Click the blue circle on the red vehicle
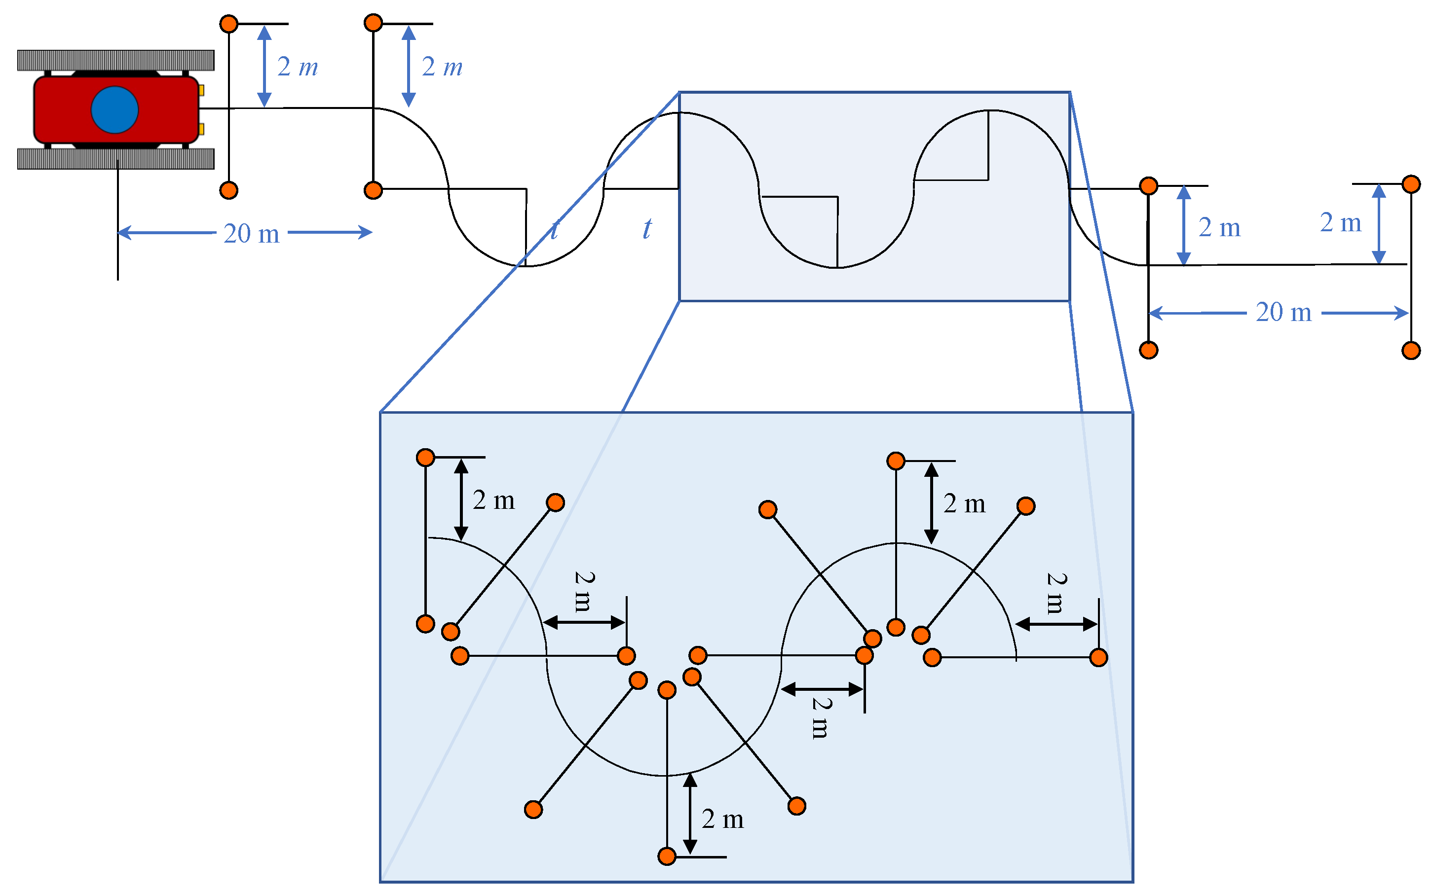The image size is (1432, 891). click(114, 109)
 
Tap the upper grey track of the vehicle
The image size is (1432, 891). click(115, 60)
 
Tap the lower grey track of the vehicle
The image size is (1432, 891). click(115, 158)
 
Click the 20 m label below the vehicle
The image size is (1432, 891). click(252, 234)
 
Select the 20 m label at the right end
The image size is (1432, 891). click(1283, 312)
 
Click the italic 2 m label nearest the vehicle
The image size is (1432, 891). click(298, 67)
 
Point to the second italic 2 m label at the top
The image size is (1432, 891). click(442, 67)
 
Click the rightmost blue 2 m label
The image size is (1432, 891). click(1340, 223)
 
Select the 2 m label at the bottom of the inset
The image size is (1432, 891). click(722, 819)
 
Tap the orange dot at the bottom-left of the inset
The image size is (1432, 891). click(533, 809)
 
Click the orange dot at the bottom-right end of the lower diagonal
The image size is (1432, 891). click(796, 806)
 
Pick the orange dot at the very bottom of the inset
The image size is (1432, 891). click(667, 856)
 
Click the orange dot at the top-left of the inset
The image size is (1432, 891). click(425, 457)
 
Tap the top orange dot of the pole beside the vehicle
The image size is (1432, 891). click(229, 24)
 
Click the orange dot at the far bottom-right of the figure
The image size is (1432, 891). click(1411, 351)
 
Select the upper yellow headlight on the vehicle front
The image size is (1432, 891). click(201, 90)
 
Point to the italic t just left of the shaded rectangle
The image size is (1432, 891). click(647, 229)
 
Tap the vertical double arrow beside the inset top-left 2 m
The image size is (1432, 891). click(461, 499)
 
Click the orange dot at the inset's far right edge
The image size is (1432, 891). click(1098, 657)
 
